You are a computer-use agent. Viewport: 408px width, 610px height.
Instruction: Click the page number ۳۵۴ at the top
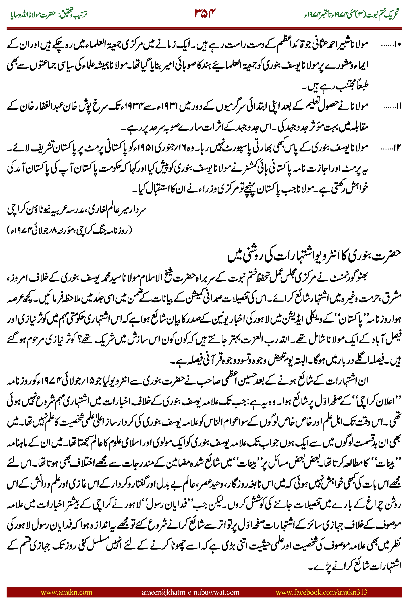205,13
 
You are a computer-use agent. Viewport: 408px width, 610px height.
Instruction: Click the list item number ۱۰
391,45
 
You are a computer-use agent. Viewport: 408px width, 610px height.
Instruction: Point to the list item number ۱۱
393,106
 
